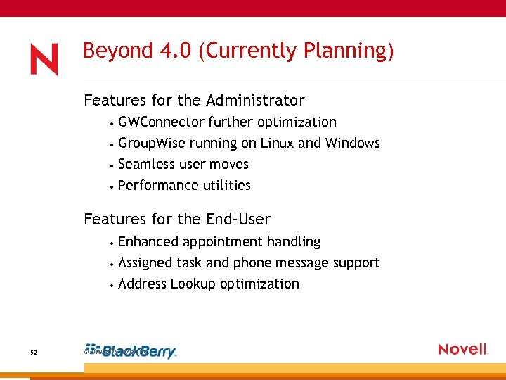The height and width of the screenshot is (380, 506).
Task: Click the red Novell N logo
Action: (x=44, y=61)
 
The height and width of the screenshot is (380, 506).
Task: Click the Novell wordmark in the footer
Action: (x=462, y=349)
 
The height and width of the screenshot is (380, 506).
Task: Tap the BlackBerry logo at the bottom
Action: (x=139, y=352)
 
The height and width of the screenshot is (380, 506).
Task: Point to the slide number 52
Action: (x=34, y=352)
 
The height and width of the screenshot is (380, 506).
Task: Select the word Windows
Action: (x=353, y=144)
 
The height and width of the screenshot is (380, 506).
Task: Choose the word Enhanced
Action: (x=148, y=242)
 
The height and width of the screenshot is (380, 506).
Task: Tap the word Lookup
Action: (x=193, y=284)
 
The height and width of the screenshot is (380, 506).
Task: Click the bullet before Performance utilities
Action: (x=112, y=186)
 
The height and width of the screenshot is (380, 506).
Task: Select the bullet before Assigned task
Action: (x=112, y=264)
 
